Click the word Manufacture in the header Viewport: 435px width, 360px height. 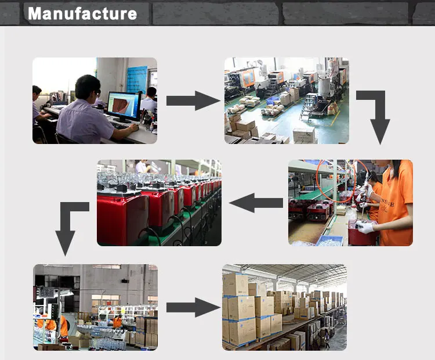pos(82,13)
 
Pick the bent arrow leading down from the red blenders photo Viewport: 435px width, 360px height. pos(68,226)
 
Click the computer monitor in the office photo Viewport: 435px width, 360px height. pos(124,106)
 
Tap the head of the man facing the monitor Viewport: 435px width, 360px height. pos(88,87)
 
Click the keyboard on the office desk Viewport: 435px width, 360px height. pos(120,124)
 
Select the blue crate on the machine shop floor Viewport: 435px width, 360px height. pos(271,101)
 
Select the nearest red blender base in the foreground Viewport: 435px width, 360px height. pos(122,218)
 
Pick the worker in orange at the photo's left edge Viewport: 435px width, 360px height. pos(41,325)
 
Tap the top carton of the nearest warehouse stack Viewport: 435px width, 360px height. pos(235,285)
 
